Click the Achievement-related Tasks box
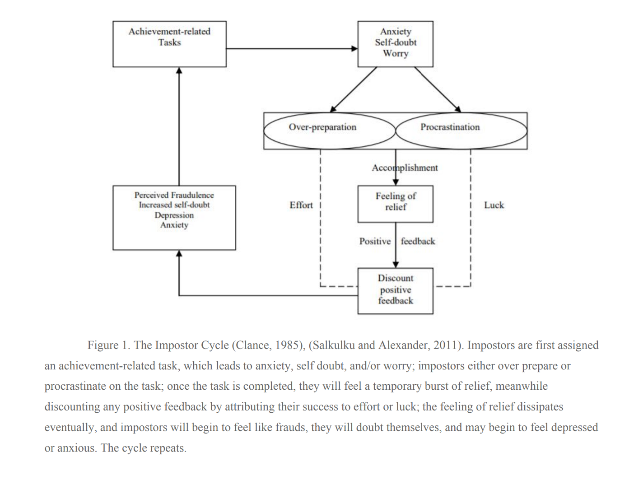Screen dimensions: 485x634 (169, 44)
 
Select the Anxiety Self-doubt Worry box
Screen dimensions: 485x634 (395, 44)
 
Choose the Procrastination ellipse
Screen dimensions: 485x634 (461, 131)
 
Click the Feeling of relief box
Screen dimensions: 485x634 (395, 204)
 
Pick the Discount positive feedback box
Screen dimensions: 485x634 (395, 291)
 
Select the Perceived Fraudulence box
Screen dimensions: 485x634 (174, 217)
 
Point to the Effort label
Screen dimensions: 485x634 (301, 205)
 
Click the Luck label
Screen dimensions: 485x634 (494, 205)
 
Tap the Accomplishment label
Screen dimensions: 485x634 (405, 168)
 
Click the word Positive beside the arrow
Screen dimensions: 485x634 (375, 241)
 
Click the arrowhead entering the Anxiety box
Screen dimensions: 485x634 (355, 48)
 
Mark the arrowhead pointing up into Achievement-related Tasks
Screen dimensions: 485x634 (179, 70)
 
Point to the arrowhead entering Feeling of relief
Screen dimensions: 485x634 (396, 182)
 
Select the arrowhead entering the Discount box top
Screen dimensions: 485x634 (396, 265)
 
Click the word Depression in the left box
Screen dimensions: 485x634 (174, 215)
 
